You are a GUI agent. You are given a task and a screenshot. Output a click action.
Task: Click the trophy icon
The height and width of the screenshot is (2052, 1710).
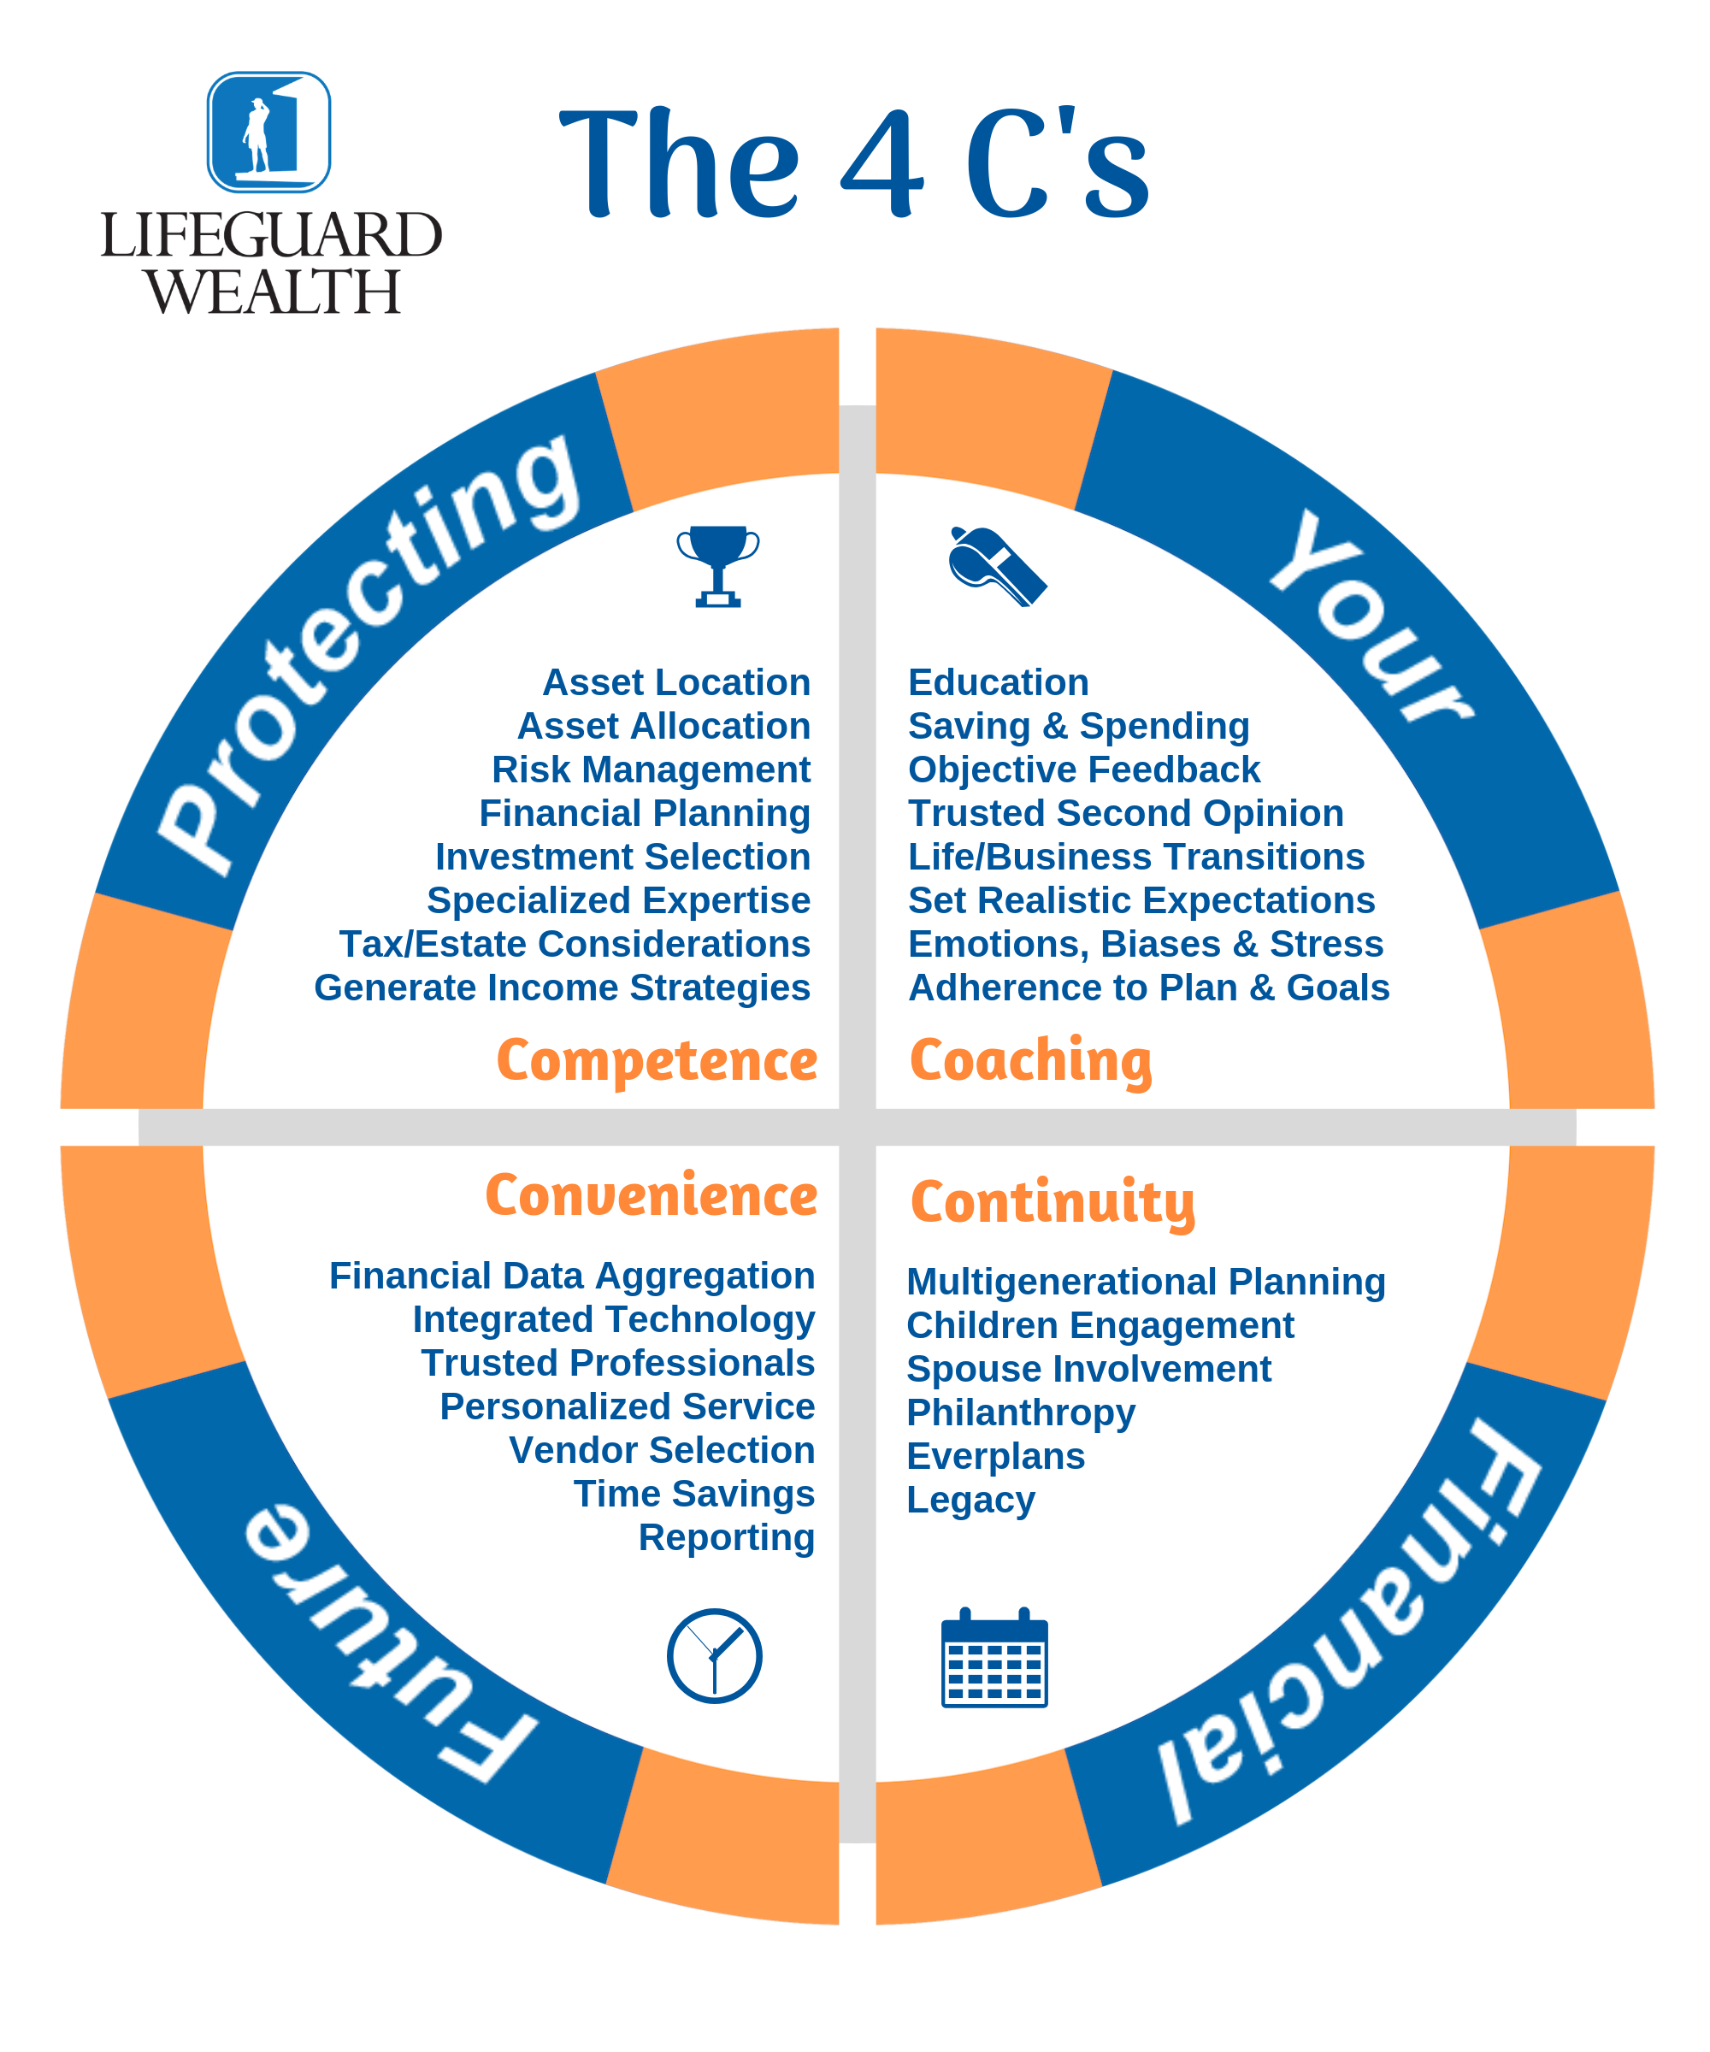click(x=717, y=566)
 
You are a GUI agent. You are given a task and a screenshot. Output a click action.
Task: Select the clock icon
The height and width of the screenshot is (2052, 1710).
click(x=714, y=1656)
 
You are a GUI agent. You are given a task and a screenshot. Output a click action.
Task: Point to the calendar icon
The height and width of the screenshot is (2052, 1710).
click(x=994, y=1658)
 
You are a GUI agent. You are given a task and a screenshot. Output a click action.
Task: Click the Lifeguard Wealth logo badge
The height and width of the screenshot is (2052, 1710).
click(x=268, y=132)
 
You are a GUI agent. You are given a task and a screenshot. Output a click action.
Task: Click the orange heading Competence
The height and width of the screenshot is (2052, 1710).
click(x=657, y=1061)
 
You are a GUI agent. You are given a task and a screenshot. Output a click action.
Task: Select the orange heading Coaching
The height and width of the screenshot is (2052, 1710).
click(x=1030, y=1061)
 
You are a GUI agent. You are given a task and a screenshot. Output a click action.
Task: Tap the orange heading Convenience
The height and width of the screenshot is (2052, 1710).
click(x=651, y=1196)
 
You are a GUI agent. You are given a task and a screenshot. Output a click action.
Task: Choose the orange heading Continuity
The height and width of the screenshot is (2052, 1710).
click(x=1053, y=1202)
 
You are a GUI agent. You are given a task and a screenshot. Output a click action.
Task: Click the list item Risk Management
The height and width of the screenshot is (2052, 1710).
click(x=651, y=770)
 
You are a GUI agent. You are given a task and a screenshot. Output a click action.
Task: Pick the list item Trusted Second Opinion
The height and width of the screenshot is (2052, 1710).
click(x=1126, y=813)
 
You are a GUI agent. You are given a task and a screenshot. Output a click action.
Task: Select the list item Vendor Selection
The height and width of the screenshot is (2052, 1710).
click(x=662, y=1450)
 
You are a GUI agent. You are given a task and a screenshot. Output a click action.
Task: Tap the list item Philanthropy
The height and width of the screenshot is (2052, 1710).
click(x=1020, y=1412)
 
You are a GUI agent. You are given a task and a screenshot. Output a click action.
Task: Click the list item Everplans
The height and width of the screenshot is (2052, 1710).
click(x=994, y=1456)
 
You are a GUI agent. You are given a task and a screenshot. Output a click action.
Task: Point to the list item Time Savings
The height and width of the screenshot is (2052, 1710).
click(x=693, y=1494)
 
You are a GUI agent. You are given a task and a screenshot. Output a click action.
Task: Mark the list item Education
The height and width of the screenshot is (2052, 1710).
click(x=998, y=682)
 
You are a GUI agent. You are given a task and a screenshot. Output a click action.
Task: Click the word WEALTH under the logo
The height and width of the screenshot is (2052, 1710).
click(x=273, y=292)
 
